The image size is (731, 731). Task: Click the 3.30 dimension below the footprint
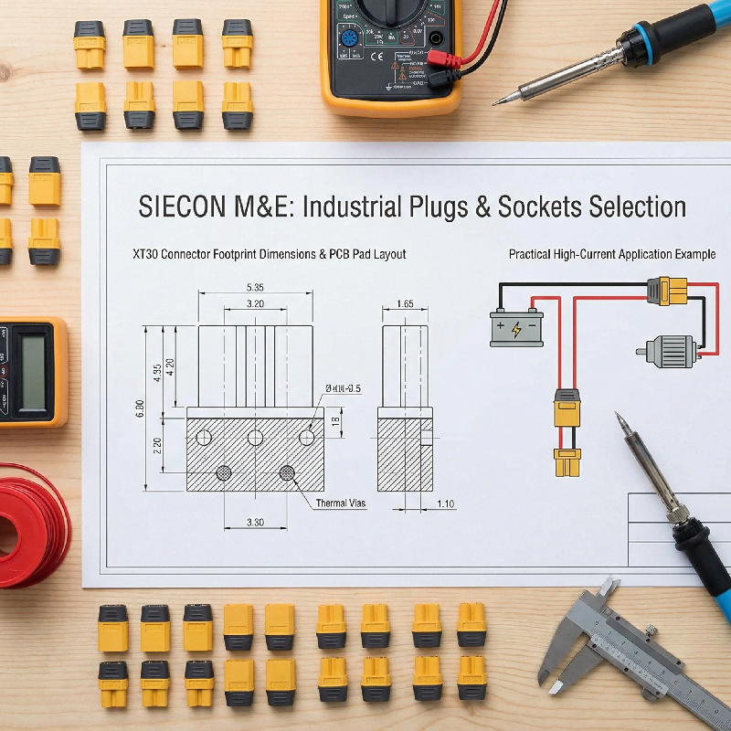tap(255, 522)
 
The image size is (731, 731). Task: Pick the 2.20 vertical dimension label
tap(157, 445)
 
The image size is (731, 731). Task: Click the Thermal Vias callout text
tap(341, 503)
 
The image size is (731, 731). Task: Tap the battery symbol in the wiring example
tap(517, 327)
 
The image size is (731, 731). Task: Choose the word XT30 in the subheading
tap(147, 254)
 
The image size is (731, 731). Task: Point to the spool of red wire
tap(27, 525)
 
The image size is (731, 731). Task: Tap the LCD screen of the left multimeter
tap(32, 370)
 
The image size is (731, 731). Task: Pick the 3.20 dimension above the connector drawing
tap(255, 303)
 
